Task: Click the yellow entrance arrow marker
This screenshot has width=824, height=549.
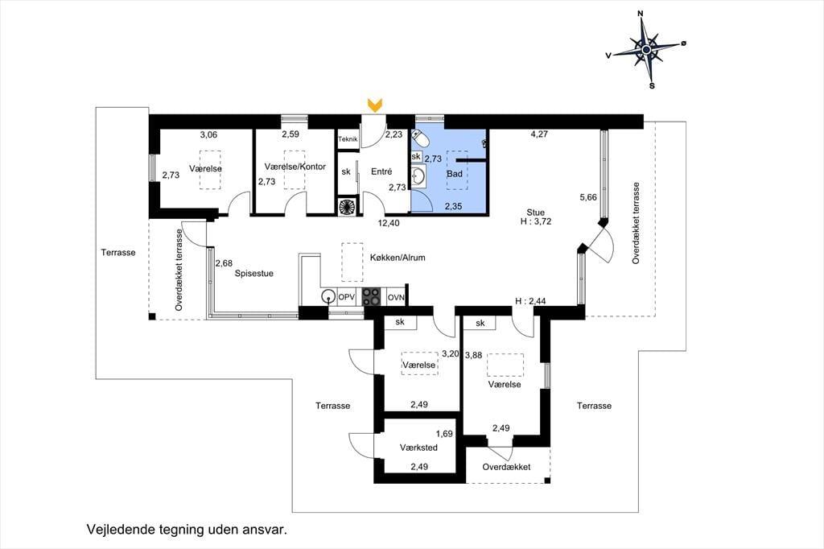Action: [x=375, y=105]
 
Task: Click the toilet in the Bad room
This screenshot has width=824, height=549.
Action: [x=421, y=138]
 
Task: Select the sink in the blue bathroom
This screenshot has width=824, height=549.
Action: [x=418, y=176]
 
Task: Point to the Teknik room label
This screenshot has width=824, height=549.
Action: [x=348, y=139]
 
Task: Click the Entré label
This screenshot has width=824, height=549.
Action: [x=381, y=171]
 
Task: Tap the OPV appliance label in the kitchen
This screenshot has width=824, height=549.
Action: [x=346, y=297]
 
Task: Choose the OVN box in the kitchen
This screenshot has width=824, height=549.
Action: [x=396, y=297]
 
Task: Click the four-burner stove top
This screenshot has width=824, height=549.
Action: [x=371, y=296]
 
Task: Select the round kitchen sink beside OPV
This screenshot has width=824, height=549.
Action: [x=329, y=296]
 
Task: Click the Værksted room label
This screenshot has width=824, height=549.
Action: [x=418, y=448]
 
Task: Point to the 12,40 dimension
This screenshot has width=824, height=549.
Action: [x=389, y=223]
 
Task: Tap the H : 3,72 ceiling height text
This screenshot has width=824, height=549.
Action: [x=536, y=221]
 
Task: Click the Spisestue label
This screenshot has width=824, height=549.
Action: [x=253, y=274]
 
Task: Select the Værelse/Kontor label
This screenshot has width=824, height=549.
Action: [x=295, y=167]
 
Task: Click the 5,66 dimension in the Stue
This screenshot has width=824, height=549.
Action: [x=588, y=197]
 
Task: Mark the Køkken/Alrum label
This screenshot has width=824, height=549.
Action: [x=398, y=258]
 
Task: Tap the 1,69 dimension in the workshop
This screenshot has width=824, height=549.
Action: [x=444, y=434]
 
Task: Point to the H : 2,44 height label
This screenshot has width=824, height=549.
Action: [x=530, y=301]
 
